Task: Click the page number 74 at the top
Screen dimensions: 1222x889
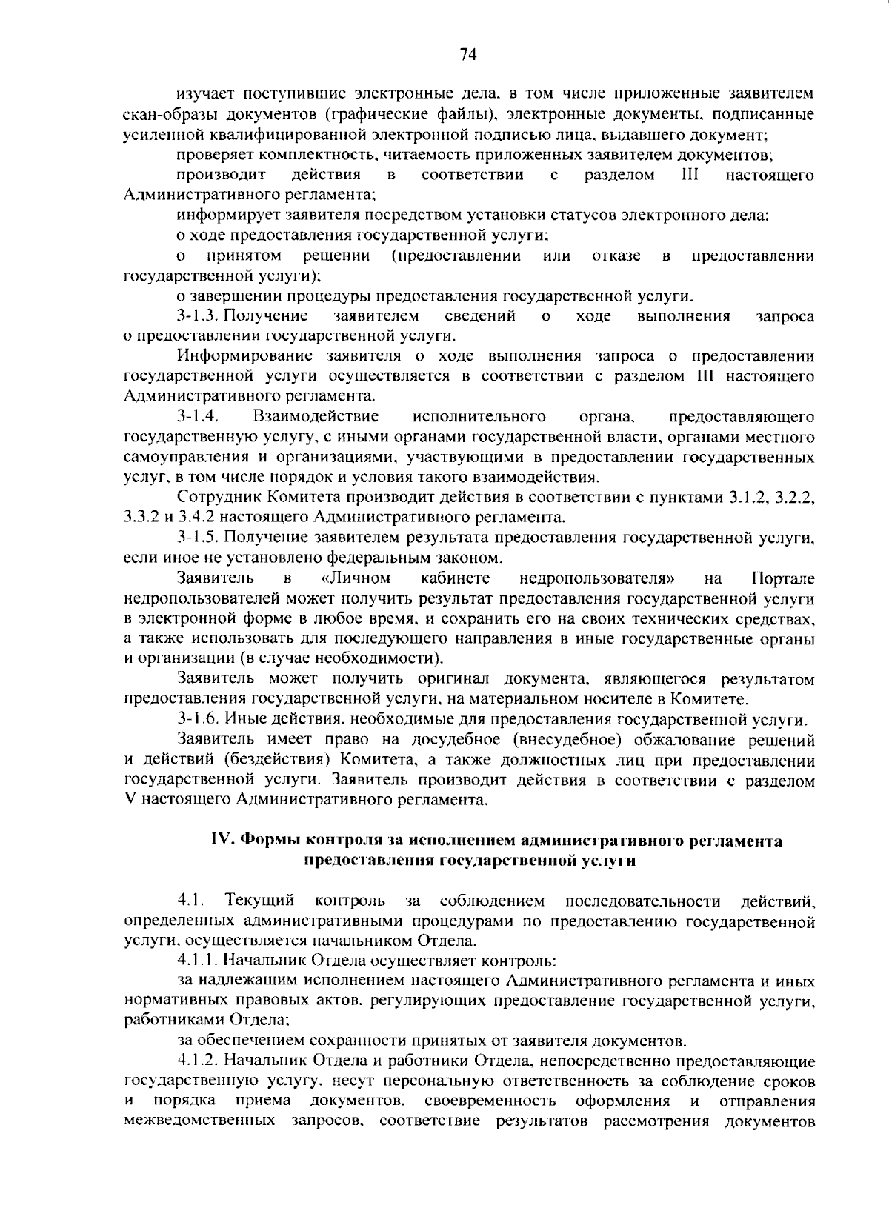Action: [467, 54]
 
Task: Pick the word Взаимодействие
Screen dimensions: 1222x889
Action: [316, 416]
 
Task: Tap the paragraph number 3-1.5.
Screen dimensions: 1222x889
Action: [196, 537]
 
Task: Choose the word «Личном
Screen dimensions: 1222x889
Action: [357, 578]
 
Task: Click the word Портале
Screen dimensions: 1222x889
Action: [783, 578]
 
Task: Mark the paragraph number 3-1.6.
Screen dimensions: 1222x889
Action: [196, 718]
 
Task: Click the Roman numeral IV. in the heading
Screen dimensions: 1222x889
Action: [223, 841]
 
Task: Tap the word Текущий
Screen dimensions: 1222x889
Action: [260, 901]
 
